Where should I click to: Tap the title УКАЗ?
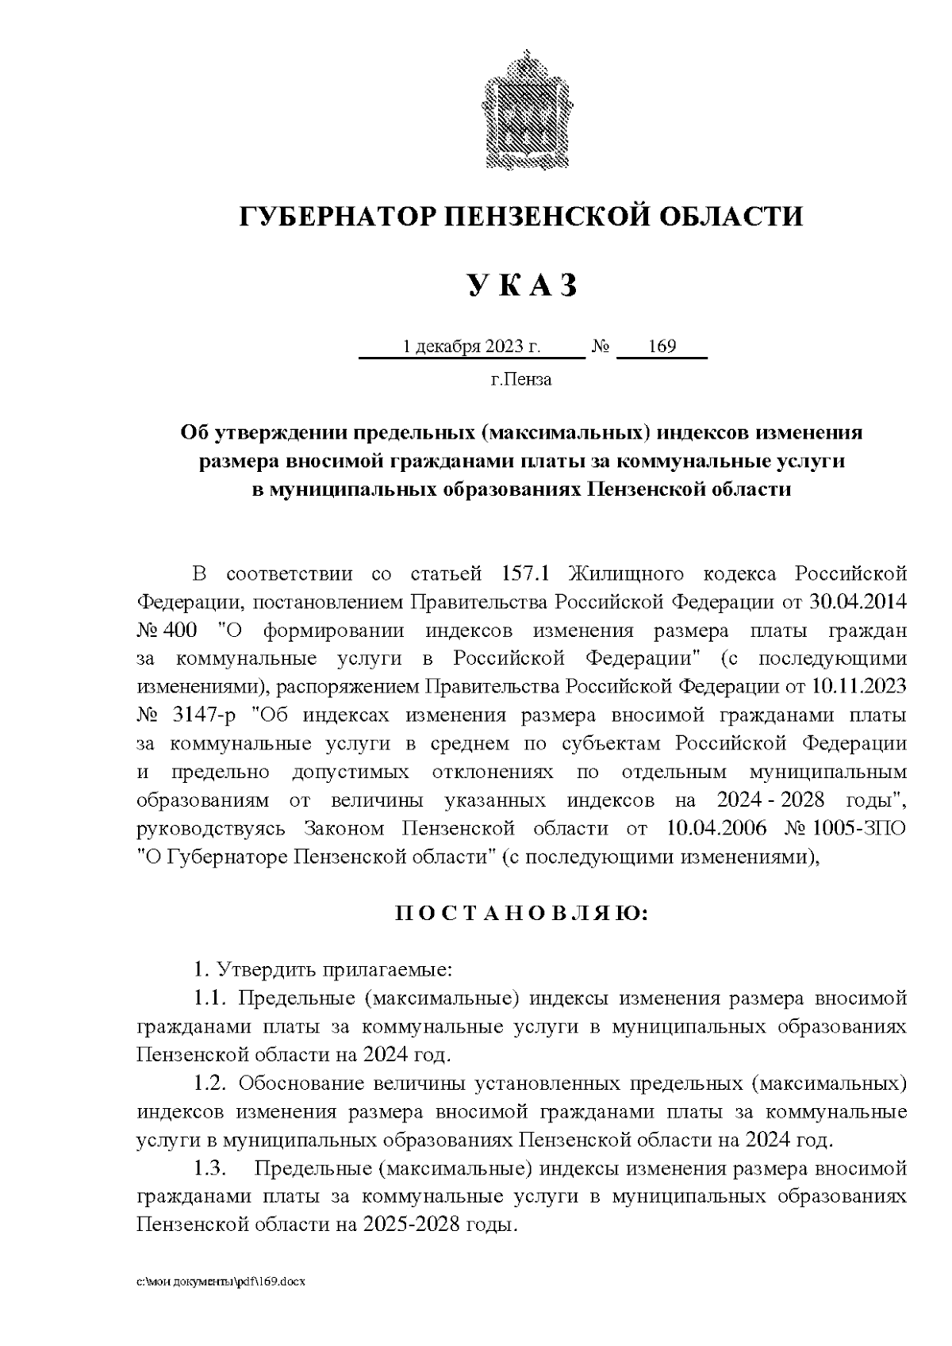(520, 286)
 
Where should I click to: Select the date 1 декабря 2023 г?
(471, 347)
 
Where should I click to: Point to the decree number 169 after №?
(662, 347)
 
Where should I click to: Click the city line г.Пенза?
(520, 380)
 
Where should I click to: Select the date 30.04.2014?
(858, 602)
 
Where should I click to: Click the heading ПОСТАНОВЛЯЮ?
(521, 914)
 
